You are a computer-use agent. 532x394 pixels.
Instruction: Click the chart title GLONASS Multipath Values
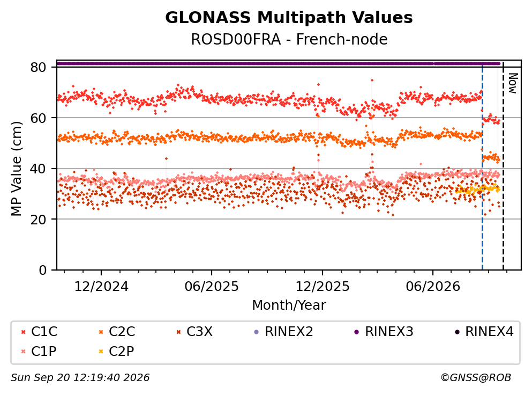[x=289, y=18]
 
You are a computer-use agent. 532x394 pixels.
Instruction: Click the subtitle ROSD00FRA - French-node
[x=289, y=39]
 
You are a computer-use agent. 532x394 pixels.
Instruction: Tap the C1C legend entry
[x=39, y=331]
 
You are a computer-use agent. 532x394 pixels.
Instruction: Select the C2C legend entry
[x=117, y=331]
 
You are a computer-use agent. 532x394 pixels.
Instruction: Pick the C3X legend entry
[x=194, y=331]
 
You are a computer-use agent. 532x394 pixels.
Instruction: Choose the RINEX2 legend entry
[x=283, y=331]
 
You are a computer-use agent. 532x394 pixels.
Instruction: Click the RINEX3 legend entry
[x=384, y=331]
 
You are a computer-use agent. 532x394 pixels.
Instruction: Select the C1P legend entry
[x=39, y=351]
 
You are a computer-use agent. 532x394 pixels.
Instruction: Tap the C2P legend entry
[x=116, y=351]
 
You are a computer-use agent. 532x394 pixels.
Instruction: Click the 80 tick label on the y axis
[x=39, y=67]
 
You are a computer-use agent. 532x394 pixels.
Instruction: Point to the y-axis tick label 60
[x=39, y=118]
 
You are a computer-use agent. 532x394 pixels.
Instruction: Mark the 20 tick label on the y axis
[x=39, y=219]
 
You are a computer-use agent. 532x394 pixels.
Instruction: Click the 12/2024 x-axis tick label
[x=101, y=287]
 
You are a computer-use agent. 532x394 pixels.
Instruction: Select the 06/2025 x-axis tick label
[x=212, y=287]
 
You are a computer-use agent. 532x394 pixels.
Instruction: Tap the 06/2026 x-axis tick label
[x=432, y=287]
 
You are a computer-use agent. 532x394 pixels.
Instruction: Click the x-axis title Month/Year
[x=289, y=305]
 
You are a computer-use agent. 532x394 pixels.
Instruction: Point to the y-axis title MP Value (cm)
[x=16, y=169]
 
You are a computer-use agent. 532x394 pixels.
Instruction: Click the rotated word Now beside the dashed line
[x=513, y=83]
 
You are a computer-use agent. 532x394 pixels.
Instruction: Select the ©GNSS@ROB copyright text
[x=476, y=377]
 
